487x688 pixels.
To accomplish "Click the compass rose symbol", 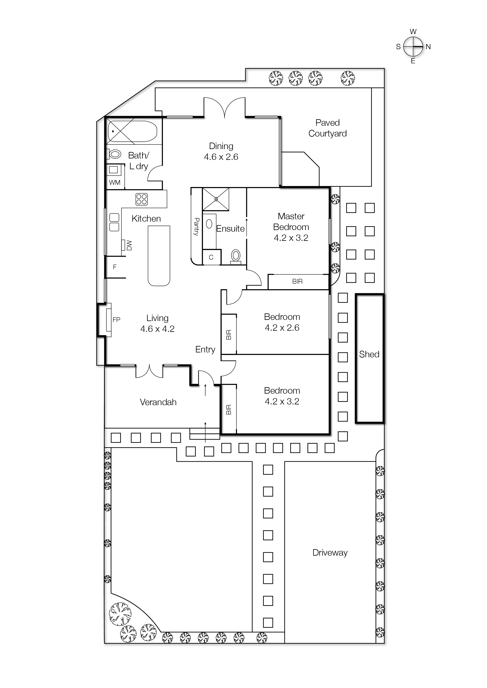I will pyautogui.click(x=413, y=46).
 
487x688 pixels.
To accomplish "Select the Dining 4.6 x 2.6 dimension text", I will pyautogui.click(x=221, y=157).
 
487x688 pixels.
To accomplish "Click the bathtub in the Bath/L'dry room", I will pyautogui.click(x=132, y=131).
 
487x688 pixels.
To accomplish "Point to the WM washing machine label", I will pyautogui.click(x=115, y=182).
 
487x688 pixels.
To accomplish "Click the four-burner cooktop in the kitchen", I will pyautogui.click(x=141, y=199).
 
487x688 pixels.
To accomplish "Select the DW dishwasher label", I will pyautogui.click(x=129, y=245).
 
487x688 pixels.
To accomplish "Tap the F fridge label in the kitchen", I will pyautogui.click(x=115, y=267).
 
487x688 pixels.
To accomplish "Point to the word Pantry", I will pyautogui.click(x=197, y=227).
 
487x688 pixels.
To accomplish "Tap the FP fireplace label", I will pyautogui.click(x=116, y=320).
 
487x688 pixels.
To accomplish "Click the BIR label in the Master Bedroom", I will pyautogui.click(x=297, y=281).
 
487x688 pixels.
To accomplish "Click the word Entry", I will pyautogui.click(x=205, y=349).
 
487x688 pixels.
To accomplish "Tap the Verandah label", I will pyautogui.click(x=158, y=402).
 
